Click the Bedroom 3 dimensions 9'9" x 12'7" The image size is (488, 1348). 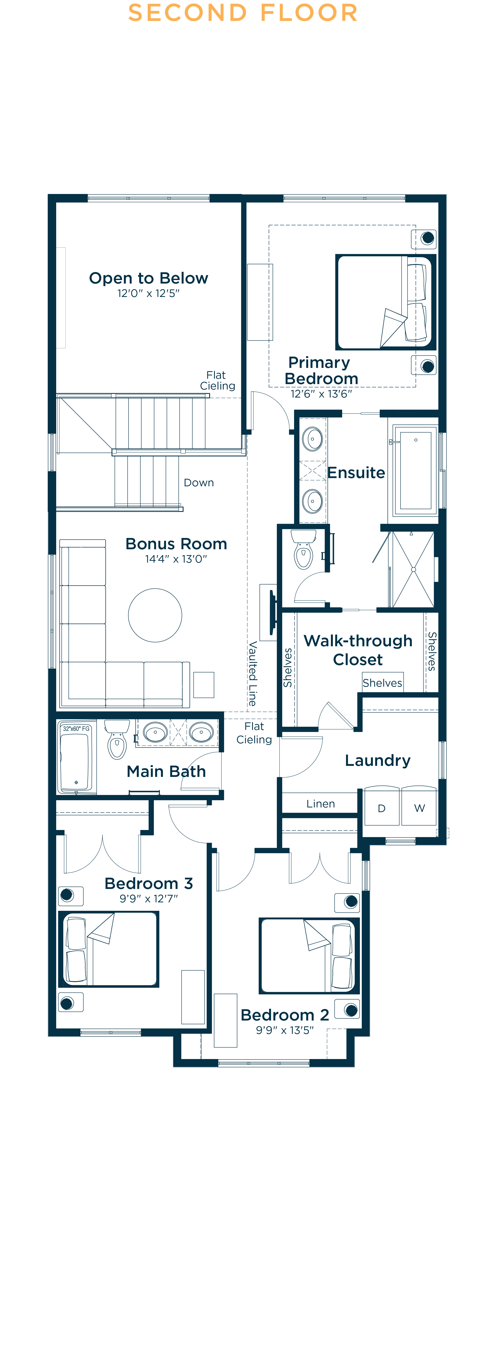[149, 899]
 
